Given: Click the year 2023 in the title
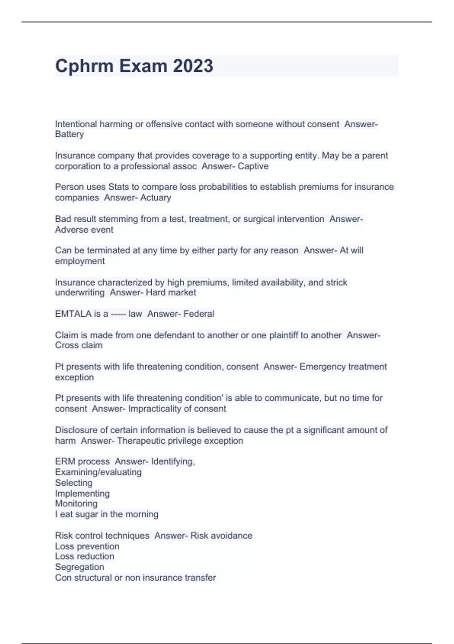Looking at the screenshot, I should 193,66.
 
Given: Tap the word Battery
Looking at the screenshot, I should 69,134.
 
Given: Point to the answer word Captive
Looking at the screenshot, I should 253,166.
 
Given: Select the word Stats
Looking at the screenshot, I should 118,187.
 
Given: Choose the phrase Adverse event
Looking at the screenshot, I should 84,230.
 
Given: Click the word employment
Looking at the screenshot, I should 79,261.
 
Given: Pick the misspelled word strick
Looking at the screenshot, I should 336,282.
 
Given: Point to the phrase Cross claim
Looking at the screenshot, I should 79,345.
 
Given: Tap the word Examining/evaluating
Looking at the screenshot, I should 98,472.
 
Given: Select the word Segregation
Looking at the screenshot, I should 79,567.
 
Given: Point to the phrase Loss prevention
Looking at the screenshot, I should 87,546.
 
